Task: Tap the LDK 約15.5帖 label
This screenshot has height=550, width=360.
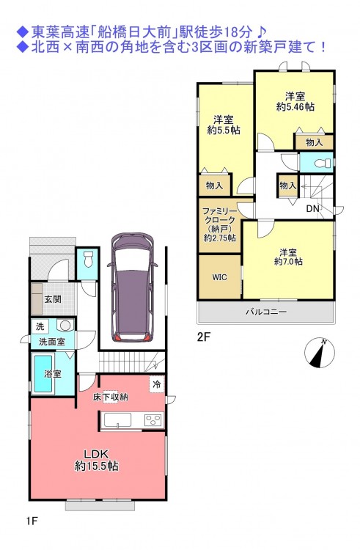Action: (96, 461)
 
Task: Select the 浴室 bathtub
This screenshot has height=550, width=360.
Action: (43, 373)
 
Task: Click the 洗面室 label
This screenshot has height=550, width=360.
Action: (52, 341)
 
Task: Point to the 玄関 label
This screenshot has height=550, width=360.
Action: (53, 299)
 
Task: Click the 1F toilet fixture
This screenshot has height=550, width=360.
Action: (87, 259)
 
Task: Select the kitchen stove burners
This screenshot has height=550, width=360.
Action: (154, 419)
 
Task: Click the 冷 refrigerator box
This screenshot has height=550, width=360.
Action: (157, 384)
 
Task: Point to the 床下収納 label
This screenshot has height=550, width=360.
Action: (110, 397)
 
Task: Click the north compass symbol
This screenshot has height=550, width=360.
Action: (320, 353)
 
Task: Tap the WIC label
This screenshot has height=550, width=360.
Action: (219, 277)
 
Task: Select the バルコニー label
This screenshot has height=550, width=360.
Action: (266, 312)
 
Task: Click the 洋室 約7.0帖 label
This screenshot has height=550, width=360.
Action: (288, 257)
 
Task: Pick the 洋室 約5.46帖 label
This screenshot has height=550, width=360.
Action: (295, 101)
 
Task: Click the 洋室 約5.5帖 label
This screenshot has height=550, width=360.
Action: (224, 125)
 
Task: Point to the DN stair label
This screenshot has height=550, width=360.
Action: (312, 209)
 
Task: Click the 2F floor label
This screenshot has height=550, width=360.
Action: (204, 337)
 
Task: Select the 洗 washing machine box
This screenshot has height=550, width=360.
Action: (40, 326)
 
